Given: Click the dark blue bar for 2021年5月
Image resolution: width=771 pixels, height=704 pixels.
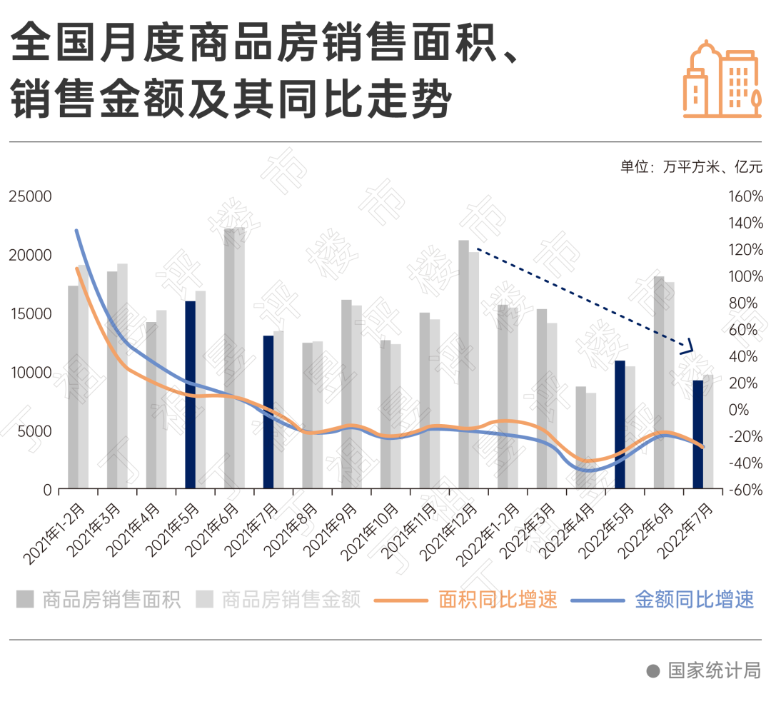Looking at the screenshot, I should point(190,395).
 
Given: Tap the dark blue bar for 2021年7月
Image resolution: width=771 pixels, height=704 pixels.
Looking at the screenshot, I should point(268,412).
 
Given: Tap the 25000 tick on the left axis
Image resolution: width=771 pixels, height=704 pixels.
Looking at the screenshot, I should point(30,196).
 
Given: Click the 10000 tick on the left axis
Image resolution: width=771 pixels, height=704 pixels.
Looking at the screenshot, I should point(30,372).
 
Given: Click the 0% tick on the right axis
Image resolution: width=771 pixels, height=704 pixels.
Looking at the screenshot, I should point(740,410).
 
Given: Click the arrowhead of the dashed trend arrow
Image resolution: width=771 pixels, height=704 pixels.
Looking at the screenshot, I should point(687,348).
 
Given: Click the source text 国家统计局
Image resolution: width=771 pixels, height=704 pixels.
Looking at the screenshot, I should point(714,670).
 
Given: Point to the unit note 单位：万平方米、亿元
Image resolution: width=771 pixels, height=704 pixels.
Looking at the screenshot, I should point(691,167).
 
